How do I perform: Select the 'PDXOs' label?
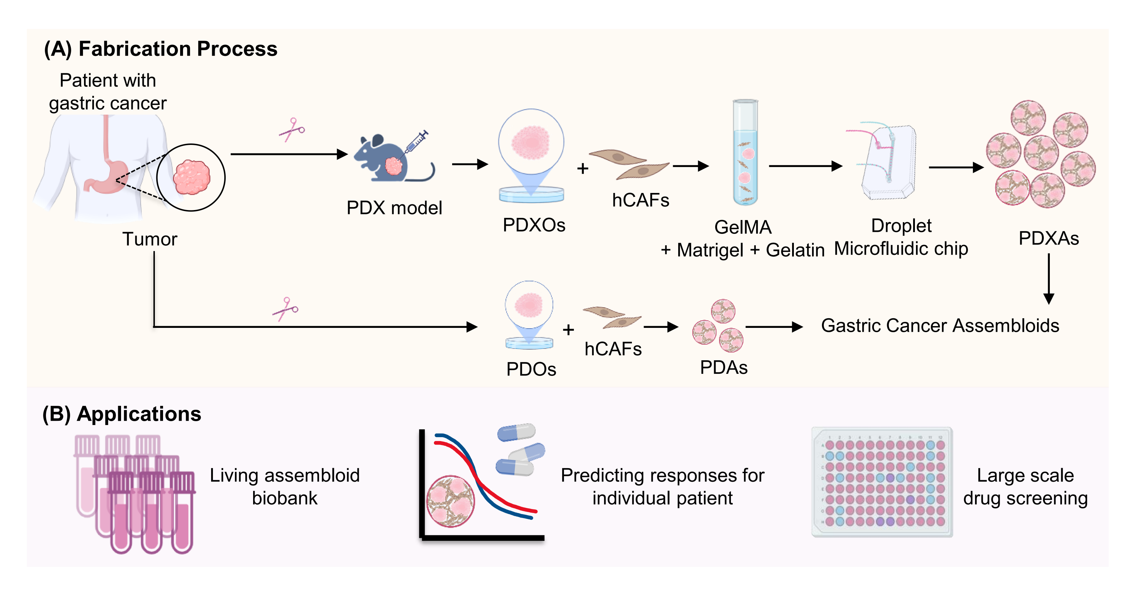click(x=534, y=225)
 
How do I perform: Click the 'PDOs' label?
click(x=531, y=369)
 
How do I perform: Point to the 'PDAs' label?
click(x=723, y=367)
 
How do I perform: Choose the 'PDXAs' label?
click(x=1048, y=239)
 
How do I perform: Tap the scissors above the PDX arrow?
click(x=292, y=130)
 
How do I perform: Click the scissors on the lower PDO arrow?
click(x=286, y=309)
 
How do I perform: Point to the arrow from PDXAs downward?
click(x=1048, y=279)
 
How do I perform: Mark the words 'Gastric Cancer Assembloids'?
click(x=939, y=326)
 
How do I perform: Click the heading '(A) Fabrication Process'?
click(x=161, y=49)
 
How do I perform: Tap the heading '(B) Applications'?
click(x=122, y=414)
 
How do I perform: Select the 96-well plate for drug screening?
click(x=882, y=482)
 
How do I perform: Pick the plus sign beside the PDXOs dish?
click(x=583, y=169)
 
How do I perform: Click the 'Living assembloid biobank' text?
click(x=284, y=487)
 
